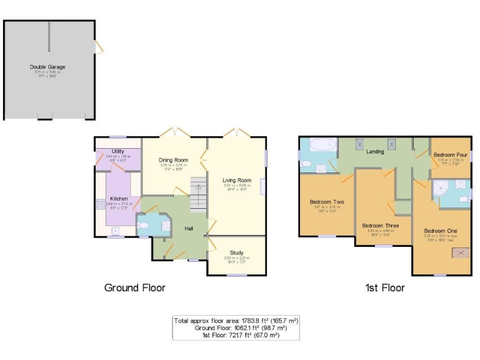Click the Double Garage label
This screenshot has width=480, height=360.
47,67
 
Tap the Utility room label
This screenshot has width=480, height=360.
119,152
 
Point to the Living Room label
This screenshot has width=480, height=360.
236,180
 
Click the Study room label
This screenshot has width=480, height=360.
236,252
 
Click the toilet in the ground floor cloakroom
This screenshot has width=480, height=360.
142,226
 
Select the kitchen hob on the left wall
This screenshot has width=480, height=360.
99,204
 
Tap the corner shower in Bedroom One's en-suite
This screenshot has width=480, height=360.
443,188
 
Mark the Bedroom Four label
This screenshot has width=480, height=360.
451,154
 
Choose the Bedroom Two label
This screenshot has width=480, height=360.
327,202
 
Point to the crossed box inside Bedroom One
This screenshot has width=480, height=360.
462,252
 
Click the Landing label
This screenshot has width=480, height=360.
375,151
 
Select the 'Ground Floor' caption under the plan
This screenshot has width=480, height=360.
134,288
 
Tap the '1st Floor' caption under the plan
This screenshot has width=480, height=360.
384,288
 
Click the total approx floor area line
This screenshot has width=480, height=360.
236,320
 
